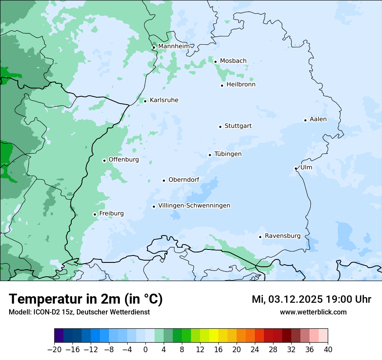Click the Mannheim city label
174,46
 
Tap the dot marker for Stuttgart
220,127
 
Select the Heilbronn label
241,85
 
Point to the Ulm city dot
296,168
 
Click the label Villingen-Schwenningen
194,206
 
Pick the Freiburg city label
111,213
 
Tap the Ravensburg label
283,236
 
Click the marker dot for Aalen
305,120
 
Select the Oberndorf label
184,180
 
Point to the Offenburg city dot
104,160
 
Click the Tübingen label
228,154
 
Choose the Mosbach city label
233,61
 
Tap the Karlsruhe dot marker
145,101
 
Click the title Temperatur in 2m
86,299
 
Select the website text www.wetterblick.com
313,312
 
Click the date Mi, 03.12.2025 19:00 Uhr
311,299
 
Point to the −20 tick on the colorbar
54,349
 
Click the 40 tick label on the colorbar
328,349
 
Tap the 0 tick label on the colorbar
145,349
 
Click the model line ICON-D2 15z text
79,312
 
